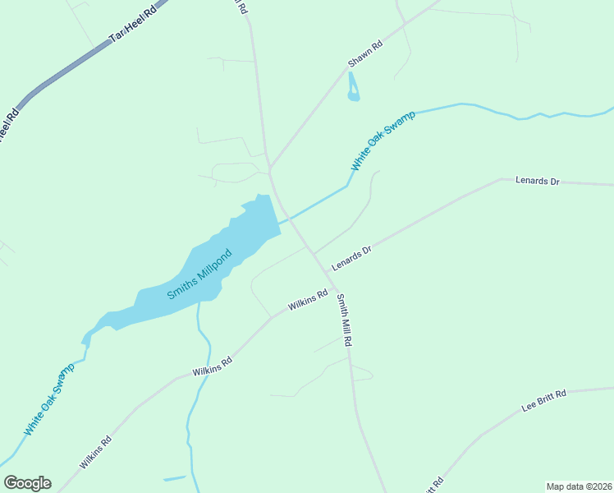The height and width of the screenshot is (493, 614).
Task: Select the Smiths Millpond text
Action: pyautogui.click(x=200, y=274)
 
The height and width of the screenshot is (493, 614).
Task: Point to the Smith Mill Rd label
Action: pyautogui.click(x=345, y=320)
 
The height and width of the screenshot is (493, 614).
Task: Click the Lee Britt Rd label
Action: pyautogui.click(x=544, y=402)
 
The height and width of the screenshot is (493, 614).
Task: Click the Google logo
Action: pyautogui.click(x=27, y=483)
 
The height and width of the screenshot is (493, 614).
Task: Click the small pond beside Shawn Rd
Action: pyautogui.click(x=353, y=88)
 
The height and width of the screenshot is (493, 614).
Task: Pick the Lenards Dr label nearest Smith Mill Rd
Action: pyautogui.click(x=352, y=258)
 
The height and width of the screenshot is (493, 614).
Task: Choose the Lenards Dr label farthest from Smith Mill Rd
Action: pyautogui.click(x=537, y=181)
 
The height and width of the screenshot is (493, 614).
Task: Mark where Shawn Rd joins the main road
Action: pyautogui.click(x=269, y=168)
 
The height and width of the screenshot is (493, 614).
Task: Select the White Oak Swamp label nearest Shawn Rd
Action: pyautogui.click(x=383, y=140)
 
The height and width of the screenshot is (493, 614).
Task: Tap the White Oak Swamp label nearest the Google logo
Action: pyautogui.click(x=48, y=399)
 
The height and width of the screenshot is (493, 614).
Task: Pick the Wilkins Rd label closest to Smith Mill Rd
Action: pyautogui.click(x=308, y=304)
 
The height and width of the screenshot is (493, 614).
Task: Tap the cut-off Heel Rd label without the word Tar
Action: pyautogui.click(x=8, y=128)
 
